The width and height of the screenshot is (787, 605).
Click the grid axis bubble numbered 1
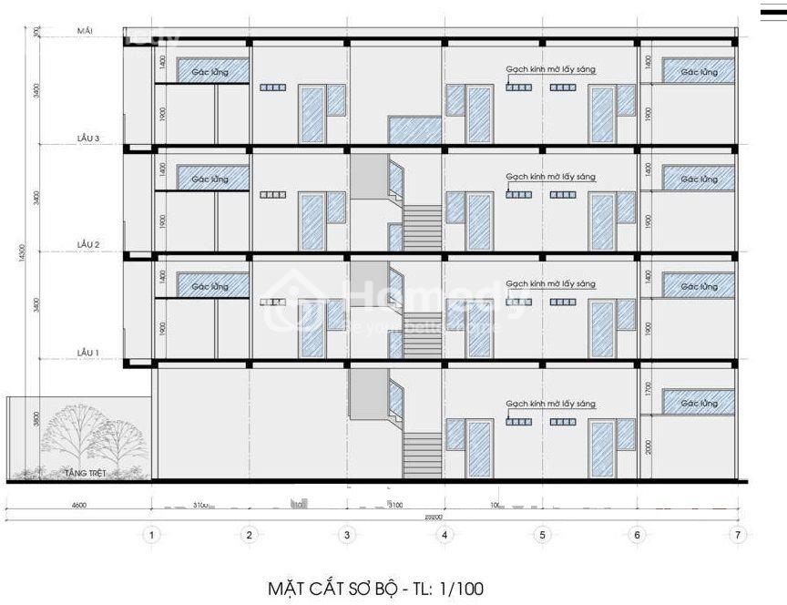point(151,536)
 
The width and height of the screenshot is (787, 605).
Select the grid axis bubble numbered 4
point(444,536)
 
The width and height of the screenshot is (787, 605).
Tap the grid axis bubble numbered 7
point(737,536)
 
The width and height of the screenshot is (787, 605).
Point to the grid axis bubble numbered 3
point(346,536)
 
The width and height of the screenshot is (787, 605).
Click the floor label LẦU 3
point(88,139)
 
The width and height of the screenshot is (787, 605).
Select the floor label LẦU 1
point(88,351)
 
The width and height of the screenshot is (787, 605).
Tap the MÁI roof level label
point(87,31)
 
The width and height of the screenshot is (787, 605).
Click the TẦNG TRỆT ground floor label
point(81,473)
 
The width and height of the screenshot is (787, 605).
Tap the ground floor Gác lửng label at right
point(699,403)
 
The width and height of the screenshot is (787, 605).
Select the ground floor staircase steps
point(422,456)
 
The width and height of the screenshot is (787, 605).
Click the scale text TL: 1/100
point(444,588)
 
